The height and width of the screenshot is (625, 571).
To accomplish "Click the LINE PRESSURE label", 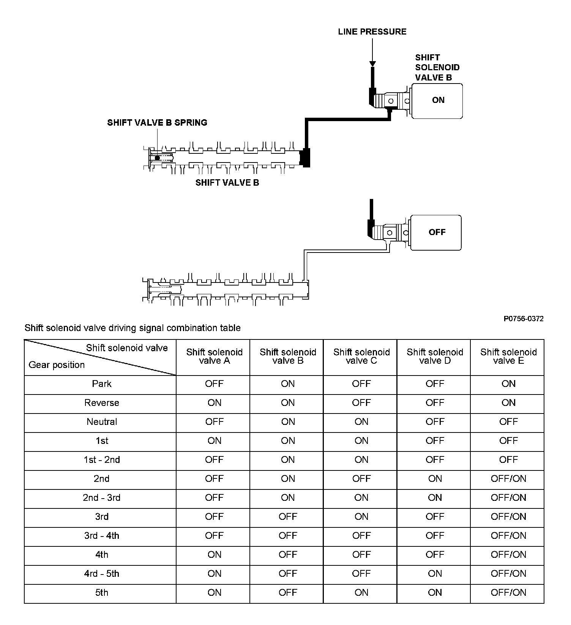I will point(372,32).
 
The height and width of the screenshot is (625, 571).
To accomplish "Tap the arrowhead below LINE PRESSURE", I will point(372,64).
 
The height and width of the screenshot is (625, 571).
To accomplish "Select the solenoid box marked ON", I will point(437,101).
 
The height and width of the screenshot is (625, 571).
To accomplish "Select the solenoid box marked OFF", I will point(436,232).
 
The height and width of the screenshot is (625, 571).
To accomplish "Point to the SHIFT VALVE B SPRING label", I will point(157,123).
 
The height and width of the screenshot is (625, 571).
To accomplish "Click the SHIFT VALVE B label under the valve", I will point(227,183).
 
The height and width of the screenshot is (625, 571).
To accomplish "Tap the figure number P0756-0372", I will point(523,319).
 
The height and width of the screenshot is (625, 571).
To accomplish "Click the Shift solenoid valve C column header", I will point(361,357).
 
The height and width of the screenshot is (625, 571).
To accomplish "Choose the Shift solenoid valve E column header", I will point(508,357).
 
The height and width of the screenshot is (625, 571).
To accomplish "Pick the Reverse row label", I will point(102,403).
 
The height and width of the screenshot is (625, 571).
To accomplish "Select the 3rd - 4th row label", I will point(102,536).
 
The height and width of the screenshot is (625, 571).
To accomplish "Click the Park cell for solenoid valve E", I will point(508,384).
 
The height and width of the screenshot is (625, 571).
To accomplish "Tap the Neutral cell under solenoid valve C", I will point(361,422).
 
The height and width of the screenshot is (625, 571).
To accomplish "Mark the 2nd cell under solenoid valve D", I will point(435,479).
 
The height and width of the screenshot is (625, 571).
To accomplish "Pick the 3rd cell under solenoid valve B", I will point(288,517).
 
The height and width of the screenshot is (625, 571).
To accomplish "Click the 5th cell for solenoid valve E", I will point(508,593).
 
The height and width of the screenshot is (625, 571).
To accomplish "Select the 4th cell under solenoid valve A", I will point(215,555).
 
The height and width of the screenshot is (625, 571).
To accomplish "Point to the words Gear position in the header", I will point(57,365).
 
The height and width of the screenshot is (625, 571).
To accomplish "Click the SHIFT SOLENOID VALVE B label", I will point(437,68).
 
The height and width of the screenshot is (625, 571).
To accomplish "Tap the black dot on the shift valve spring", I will point(157,158).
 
